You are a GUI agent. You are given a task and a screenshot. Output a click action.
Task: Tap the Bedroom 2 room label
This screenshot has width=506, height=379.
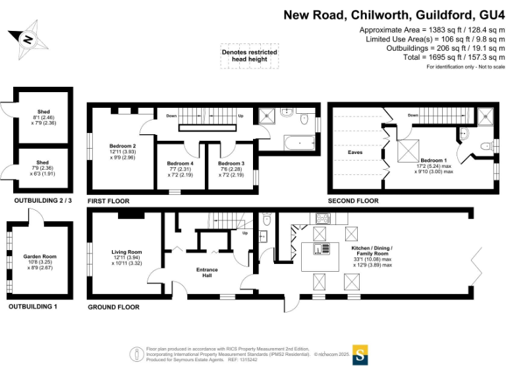(123, 145)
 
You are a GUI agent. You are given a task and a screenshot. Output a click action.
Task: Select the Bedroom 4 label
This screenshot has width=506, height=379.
(181, 163)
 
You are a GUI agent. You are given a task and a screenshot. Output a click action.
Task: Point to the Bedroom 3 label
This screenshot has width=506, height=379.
(231, 163)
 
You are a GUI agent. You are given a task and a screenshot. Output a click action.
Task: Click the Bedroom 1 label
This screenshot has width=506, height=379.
(434, 161)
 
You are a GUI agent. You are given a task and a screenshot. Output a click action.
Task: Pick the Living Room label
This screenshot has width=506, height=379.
(126, 251)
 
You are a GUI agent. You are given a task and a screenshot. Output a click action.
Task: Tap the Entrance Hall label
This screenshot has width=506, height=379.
(207, 273)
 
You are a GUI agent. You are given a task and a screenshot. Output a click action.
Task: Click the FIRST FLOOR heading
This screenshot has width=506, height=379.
(109, 201)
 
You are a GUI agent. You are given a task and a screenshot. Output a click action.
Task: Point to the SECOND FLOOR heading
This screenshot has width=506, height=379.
(353, 201)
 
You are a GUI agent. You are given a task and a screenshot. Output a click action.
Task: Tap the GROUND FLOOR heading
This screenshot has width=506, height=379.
(113, 307)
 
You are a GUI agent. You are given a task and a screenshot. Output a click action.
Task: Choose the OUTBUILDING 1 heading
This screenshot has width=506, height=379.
(32, 307)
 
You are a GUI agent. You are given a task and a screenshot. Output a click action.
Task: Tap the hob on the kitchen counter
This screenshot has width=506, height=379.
(324, 218)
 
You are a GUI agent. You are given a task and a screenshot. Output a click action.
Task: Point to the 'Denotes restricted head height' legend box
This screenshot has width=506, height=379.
(249, 56)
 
